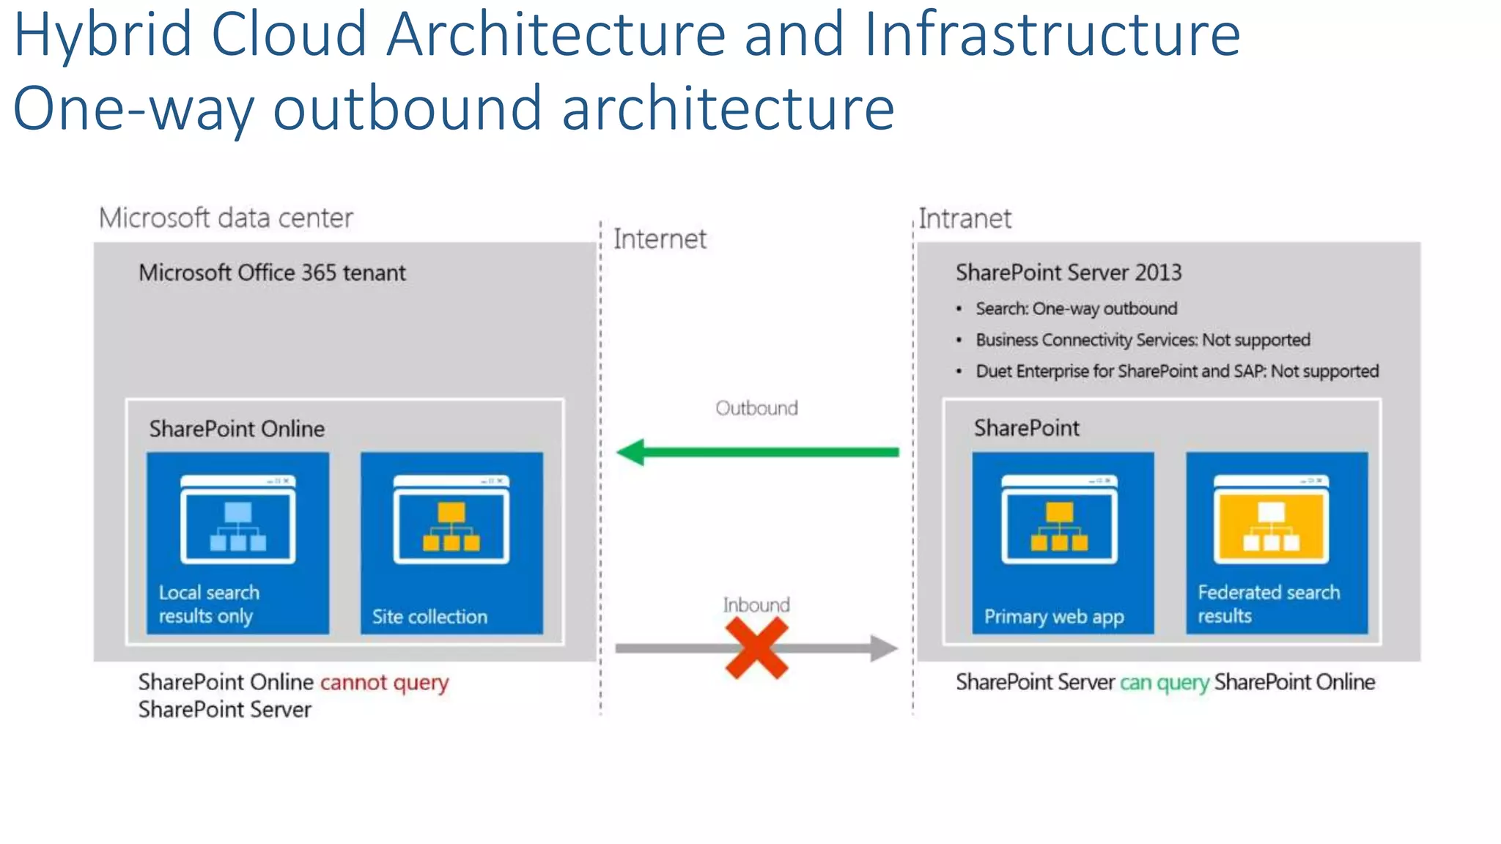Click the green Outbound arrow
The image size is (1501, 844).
pos(758,452)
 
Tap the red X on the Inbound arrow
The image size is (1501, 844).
pos(756,648)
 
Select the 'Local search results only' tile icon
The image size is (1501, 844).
pos(237,519)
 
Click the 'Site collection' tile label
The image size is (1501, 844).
pos(429,617)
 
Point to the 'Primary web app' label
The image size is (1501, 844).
pos(1054,617)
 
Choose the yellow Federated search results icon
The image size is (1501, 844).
pos(1271,519)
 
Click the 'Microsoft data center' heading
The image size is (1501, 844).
pos(226,218)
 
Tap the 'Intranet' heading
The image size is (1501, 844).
pos(965,218)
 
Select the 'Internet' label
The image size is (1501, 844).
pos(660,240)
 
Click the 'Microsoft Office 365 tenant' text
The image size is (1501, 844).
pos(272,273)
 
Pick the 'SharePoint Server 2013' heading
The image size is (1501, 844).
pos(1069,273)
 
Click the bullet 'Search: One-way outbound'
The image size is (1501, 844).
pos(1076,308)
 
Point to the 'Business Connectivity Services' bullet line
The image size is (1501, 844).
pos(1143,340)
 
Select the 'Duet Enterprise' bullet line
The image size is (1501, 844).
pos(1177,371)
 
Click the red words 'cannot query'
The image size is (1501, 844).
pos(384,683)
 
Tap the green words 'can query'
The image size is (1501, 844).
pos(1164,683)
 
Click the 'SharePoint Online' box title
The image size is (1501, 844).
pos(237,429)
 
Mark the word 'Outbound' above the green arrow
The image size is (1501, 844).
pos(756,408)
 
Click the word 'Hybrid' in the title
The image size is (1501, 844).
pos(103,34)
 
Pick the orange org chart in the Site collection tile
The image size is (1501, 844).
pos(451,525)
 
